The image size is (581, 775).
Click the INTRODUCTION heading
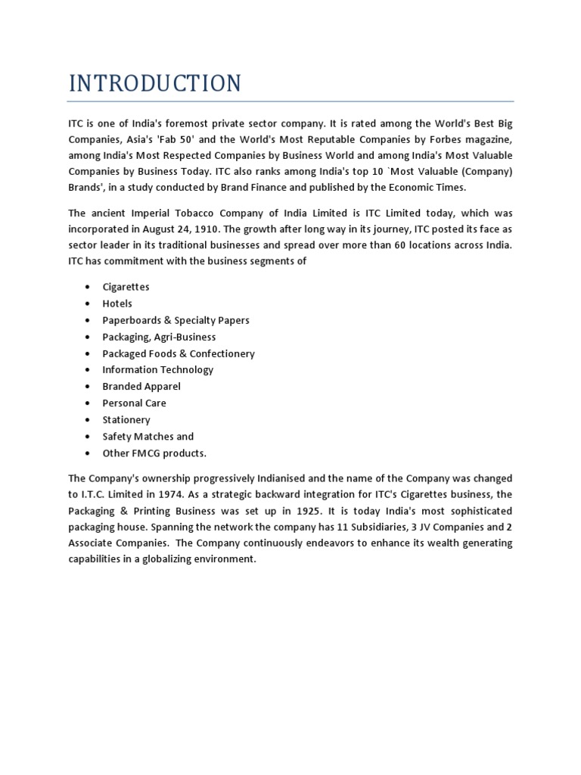pyautogui.click(x=155, y=82)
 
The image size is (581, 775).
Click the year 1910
pyautogui.click(x=214, y=229)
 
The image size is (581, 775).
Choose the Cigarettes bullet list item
pyautogui.click(x=126, y=287)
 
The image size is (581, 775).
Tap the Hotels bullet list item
pyautogui.click(x=117, y=303)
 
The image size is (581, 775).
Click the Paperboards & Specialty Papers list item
pyautogui.click(x=176, y=320)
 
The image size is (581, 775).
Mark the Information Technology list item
pyautogui.click(x=157, y=370)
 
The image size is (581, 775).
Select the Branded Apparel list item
pyautogui.click(x=141, y=387)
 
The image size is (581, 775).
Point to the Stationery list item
pyautogui.click(x=126, y=420)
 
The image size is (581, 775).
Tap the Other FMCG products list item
pyautogui.click(x=154, y=453)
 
